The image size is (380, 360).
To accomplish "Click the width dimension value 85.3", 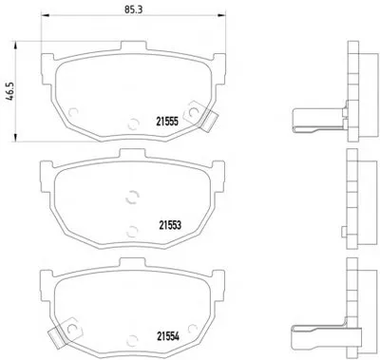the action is coord(133,9).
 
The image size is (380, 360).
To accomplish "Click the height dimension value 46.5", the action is coord(9,91).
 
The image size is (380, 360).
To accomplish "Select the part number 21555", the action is coord(167,122).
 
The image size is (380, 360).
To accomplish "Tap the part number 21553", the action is coord(170,225).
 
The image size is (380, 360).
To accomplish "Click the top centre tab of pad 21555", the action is coord(133,46).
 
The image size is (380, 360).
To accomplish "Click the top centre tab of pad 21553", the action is coord(132,154).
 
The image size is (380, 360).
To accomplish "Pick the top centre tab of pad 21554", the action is coord(132,263).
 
